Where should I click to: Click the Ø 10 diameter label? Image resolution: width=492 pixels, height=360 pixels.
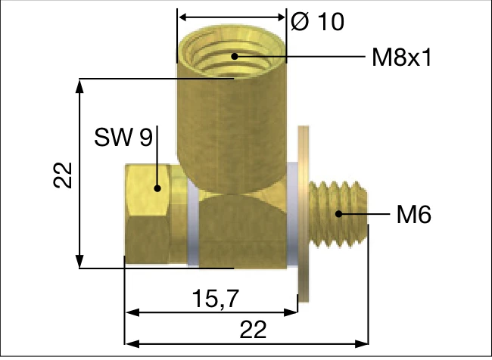(318, 22)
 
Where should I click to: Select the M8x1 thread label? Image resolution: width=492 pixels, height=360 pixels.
(402, 57)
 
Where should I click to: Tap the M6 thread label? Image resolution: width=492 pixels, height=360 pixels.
(414, 215)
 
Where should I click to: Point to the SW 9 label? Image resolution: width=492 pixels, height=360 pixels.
(123, 137)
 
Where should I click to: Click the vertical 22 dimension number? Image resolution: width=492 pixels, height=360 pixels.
(63, 175)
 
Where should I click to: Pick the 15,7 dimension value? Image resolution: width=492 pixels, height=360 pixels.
(216, 298)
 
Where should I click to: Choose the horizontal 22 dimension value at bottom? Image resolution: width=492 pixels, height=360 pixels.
(253, 330)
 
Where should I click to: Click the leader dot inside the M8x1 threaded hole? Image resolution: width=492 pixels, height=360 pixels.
(235, 57)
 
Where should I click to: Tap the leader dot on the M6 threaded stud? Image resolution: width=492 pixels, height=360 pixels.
(338, 214)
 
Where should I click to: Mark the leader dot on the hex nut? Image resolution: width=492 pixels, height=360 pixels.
(157, 188)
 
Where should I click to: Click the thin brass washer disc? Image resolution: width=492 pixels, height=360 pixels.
(304, 214)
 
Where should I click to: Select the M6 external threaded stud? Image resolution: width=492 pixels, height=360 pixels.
(338, 214)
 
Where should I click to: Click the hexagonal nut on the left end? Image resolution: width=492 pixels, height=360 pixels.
(148, 214)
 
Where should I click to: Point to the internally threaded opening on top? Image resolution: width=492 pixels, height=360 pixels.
(232, 51)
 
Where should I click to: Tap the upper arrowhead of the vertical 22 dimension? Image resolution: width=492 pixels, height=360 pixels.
(79, 86)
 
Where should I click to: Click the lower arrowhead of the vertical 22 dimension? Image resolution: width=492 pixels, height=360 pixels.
(79, 261)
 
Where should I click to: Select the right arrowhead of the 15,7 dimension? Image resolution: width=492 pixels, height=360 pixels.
(290, 312)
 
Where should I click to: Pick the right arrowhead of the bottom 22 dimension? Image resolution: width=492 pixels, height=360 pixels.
(361, 343)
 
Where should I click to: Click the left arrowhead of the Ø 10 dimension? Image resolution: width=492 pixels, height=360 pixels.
(185, 17)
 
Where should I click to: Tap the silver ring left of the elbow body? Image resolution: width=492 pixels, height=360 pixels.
(193, 224)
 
